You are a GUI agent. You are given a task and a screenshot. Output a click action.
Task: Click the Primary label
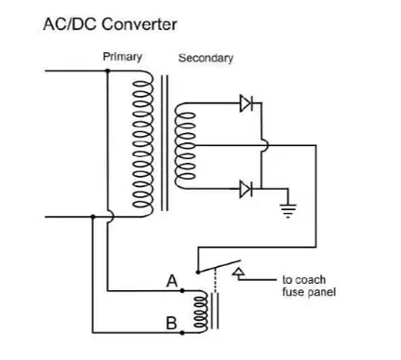pos(123,57)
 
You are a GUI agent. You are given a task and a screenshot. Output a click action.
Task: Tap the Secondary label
pos(206,58)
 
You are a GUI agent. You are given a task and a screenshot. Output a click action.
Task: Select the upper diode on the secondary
pos(247,103)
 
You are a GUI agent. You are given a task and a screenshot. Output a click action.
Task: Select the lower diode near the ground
pos(247,189)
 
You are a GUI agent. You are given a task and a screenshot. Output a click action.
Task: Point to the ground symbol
pos(287,210)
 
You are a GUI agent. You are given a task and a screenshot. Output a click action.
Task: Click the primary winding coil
pos(143,144)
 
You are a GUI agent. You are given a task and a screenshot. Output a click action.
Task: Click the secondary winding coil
pos(185,146)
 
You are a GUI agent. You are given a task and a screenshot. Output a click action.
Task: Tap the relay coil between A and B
pos(201,312)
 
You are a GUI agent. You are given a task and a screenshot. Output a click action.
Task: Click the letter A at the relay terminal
pos(172,281)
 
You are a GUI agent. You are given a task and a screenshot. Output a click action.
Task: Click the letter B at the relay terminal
pos(171,323)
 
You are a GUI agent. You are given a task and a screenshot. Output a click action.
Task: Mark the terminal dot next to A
pos(182,291)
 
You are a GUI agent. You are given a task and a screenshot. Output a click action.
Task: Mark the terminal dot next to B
pos(182,333)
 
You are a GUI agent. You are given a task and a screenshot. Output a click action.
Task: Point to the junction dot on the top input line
pos(108,71)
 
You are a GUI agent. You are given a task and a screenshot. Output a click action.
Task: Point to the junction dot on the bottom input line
pos(93,217)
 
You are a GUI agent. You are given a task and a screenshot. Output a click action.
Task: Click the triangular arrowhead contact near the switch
pos(238,272)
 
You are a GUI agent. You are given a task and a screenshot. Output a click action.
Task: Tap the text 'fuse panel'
pos(309,292)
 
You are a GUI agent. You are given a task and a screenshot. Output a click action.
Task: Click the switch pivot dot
pos(198,273)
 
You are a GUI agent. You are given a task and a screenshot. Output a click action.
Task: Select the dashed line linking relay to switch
pos(215,281)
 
